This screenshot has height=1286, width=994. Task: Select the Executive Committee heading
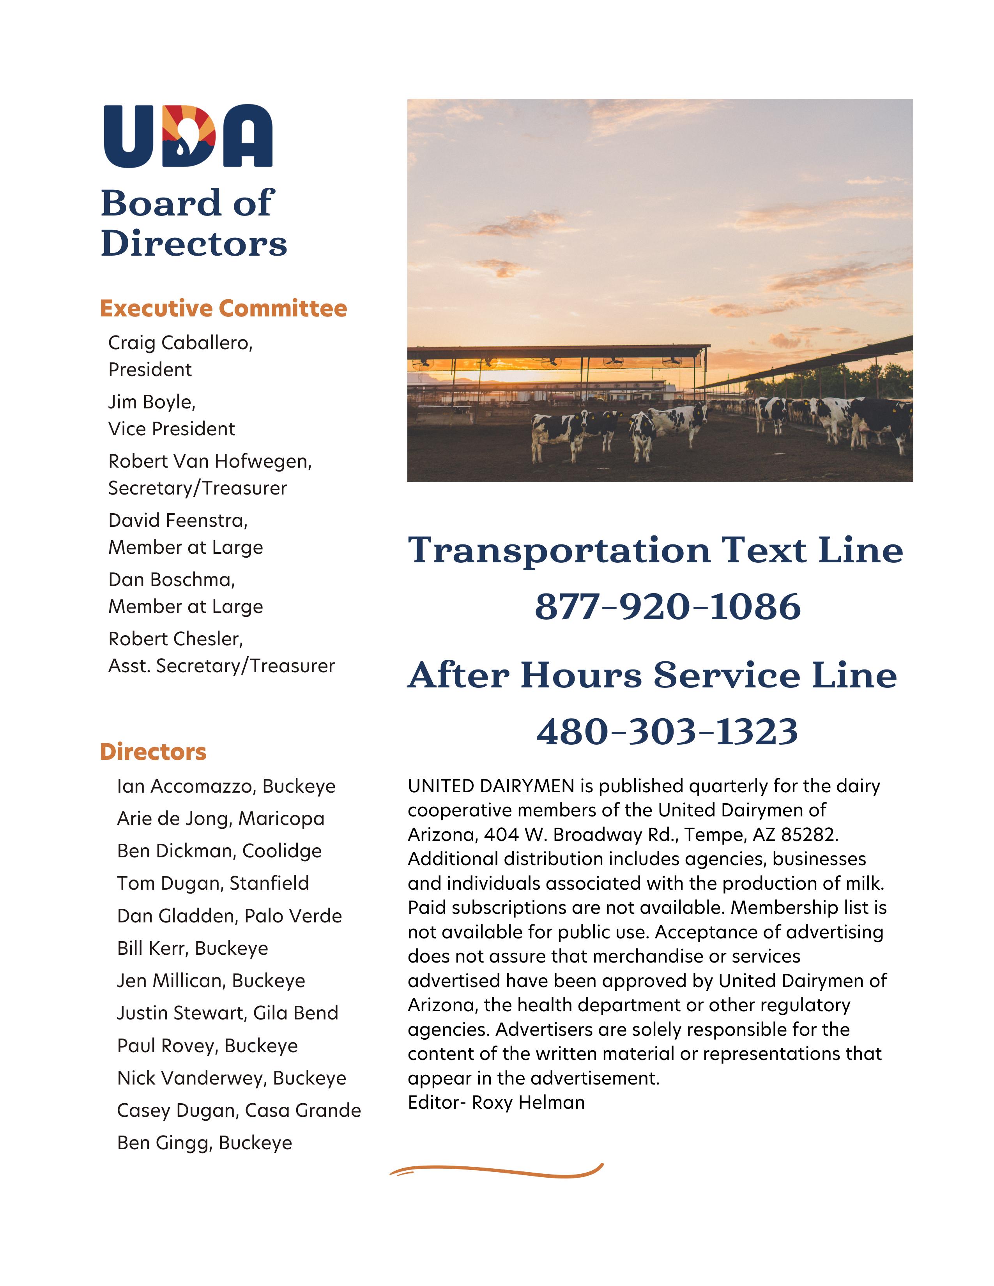pos(223,309)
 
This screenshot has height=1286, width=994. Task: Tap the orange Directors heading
pos(153,752)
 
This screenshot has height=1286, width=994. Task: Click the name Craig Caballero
pos(180,343)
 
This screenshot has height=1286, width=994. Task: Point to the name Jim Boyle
pos(151,402)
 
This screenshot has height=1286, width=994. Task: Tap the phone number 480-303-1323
pos(667,731)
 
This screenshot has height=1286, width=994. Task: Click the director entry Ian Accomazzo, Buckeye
pos(226,787)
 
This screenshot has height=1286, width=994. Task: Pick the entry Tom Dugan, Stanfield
pos(212,883)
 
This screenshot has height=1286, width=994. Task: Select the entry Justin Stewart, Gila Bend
pos(227,1013)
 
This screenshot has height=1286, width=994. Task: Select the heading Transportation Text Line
pos(655,550)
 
